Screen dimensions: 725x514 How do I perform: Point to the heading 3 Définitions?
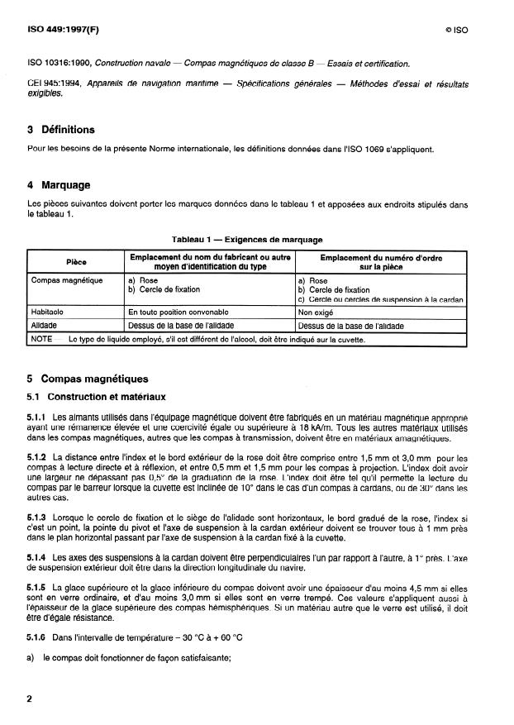60,130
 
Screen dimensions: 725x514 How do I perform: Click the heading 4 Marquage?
59,185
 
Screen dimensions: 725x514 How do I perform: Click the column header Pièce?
76,262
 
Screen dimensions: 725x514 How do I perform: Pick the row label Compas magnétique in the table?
66,280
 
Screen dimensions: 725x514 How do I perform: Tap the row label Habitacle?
51,313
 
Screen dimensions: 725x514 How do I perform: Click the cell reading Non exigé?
315,313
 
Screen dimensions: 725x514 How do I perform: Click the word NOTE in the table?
42,339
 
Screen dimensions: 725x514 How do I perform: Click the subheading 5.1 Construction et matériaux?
97,397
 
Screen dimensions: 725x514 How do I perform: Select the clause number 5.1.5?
38,586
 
